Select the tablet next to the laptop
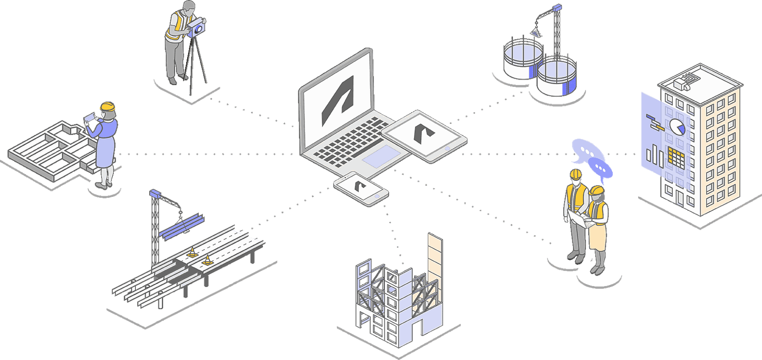point(425,135)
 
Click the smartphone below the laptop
point(361,188)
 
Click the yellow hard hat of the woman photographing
point(107,107)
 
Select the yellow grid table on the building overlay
point(676,159)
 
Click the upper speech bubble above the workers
point(587,151)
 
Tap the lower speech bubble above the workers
point(600,168)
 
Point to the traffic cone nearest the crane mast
point(192,252)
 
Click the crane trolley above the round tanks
point(555,7)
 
